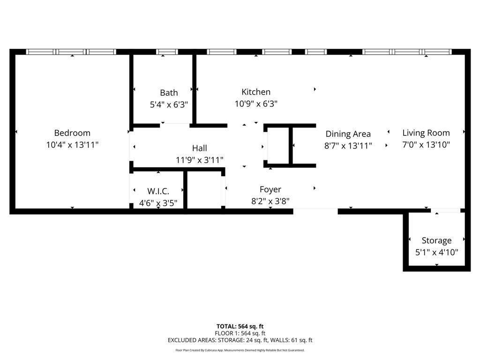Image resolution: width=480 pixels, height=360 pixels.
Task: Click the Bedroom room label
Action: (x=72, y=133)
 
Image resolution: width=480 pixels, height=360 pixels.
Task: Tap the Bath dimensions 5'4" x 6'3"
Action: (x=169, y=105)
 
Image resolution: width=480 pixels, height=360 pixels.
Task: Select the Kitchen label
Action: (x=256, y=92)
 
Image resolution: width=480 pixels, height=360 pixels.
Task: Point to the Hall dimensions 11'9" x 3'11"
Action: (x=199, y=160)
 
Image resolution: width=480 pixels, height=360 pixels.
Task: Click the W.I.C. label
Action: (x=158, y=191)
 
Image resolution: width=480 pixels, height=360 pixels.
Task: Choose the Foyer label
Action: (x=270, y=189)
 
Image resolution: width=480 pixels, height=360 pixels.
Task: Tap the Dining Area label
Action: (x=348, y=134)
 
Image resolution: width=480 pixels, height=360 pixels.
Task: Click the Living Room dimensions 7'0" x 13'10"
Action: (x=426, y=145)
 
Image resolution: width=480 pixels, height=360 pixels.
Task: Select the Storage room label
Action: (x=436, y=240)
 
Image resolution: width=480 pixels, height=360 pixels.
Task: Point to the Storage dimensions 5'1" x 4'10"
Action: (x=436, y=252)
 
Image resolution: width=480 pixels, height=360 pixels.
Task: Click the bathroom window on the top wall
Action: (x=167, y=52)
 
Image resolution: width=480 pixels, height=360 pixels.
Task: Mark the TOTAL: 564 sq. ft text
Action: (x=240, y=326)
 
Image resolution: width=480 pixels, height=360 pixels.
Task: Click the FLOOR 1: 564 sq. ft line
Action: (x=240, y=333)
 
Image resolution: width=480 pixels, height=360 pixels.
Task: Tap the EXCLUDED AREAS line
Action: (x=240, y=340)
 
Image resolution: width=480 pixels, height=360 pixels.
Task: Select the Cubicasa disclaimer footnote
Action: (x=240, y=350)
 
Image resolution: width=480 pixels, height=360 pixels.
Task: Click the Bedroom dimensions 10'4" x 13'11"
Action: (x=72, y=145)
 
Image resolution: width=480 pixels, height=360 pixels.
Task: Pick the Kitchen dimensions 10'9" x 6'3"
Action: (x=256, y=104)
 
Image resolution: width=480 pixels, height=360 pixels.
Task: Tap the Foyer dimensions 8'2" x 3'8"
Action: (x=270, y=202)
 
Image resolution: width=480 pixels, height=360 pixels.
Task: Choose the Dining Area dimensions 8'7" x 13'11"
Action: (x=348, y=146)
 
